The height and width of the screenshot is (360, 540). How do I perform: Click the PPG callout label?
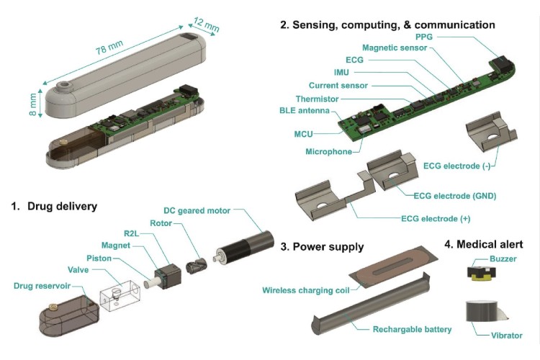point(426,35)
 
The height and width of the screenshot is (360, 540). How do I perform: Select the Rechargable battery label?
point(413,329)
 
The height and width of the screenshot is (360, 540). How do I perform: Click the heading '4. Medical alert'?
point(483,243)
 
